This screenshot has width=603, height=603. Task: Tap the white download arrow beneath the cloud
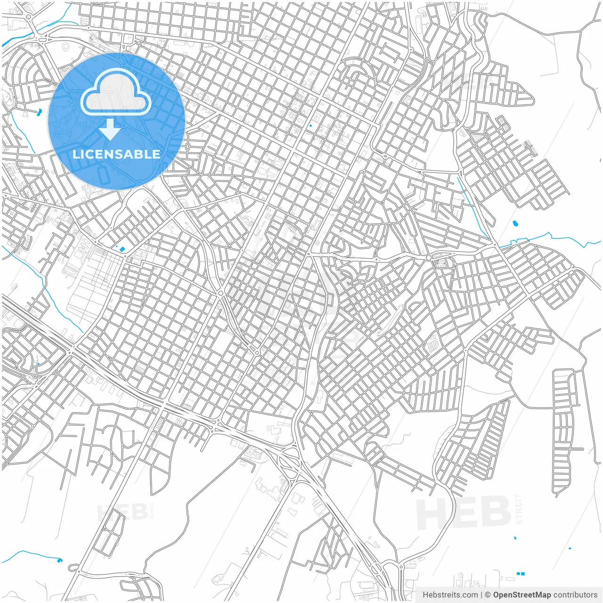[x=110, y=130]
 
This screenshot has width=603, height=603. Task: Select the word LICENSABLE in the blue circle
[x=116, y=154]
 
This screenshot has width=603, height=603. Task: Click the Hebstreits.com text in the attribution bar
[x=450, y=595]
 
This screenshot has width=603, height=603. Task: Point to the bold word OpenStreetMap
[x=522, y=595]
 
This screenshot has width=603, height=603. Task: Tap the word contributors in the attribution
[x=575, y=595]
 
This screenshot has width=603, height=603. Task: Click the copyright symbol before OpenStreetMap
[x=488, y=595]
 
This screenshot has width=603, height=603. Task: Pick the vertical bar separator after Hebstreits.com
[x=481, y=595]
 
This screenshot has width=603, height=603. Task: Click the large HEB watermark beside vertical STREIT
[x=464, y=513]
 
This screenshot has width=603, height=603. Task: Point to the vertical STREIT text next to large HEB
[x=519, y=509]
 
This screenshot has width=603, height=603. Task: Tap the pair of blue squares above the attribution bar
[x=521, y=574]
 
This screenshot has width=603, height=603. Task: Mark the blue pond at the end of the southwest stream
[x=59, y=560]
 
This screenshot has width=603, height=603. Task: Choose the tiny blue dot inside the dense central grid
[x=310, y=126]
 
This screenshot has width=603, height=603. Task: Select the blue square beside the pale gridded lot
[x=122, y=249]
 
